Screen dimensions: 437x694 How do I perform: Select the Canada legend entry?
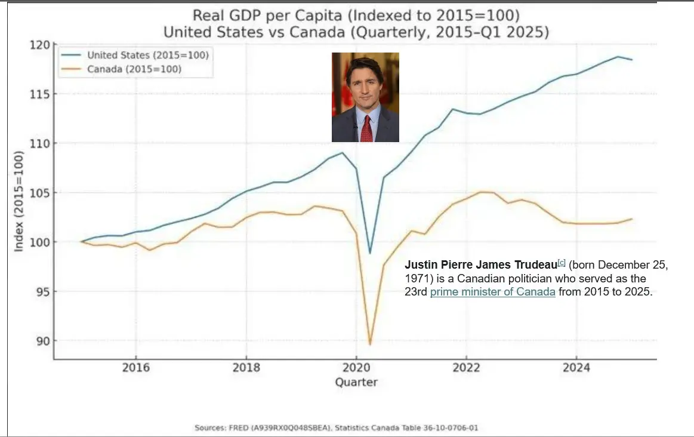pos(134,69)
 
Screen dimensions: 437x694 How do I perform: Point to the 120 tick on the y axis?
pos(43,45)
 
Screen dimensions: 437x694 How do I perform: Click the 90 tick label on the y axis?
pos(43,341)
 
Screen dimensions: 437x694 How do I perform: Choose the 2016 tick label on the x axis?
pos(135,368)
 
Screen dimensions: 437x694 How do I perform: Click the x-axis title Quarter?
pos(356,382)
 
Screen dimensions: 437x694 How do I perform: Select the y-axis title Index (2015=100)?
pos(19,202)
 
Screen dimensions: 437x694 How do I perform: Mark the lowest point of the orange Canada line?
pos(370,344)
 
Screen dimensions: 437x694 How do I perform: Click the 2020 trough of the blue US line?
pos(370,253)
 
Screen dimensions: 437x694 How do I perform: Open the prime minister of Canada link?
pos(492,293)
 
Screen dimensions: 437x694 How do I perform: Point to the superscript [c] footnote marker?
pos(561,262)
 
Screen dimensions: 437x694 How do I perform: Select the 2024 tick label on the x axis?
pos(576,368)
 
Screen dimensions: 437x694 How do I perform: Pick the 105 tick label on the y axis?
pos(41,193)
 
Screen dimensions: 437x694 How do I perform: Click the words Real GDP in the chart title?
pos(218,16)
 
